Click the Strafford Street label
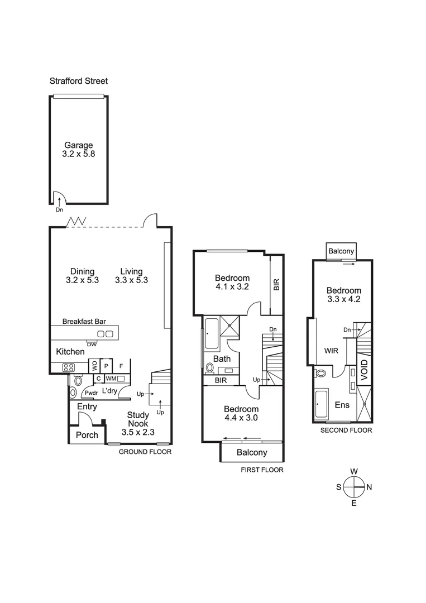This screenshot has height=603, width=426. point(79,81)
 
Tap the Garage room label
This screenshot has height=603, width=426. point(78,145)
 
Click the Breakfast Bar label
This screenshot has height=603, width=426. point(84,322)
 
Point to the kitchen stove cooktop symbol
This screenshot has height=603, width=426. point(69,367)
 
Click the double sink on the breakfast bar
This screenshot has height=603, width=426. point(105,334)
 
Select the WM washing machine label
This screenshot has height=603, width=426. point(111,379)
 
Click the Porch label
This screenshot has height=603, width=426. point(87,435)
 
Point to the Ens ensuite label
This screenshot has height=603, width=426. point(342,404)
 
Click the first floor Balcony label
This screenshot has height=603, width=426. point(252,452)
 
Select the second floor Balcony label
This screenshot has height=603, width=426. point(341,251)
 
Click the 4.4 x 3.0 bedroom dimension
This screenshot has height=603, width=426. point(241,417)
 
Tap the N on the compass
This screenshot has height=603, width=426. point(369,487)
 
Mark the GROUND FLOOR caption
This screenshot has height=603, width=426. point(145,452)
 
